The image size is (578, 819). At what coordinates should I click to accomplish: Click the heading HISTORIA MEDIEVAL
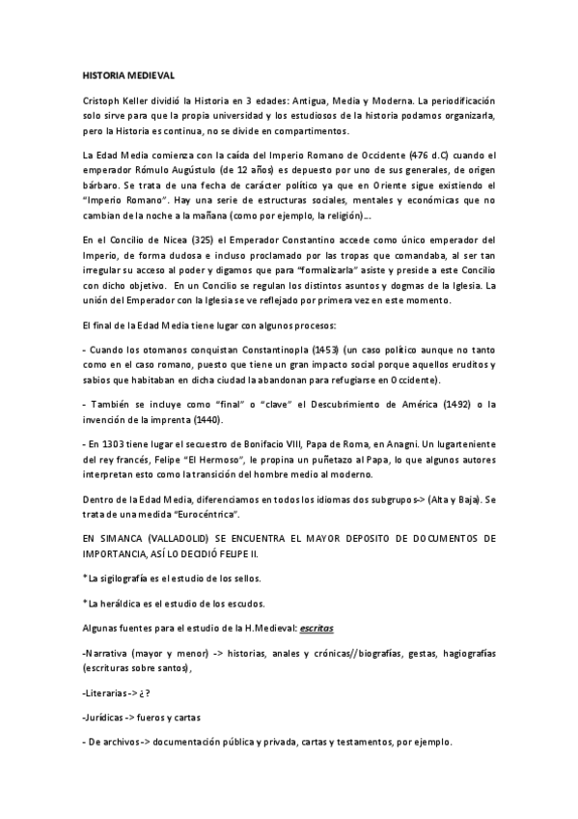[x=127, y=74]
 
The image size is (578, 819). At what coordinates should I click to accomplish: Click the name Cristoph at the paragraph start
[x=102, y=100]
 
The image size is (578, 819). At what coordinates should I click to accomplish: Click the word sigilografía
[x=129, y=578]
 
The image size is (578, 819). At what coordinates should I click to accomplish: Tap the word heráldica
[x=123, y=605]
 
